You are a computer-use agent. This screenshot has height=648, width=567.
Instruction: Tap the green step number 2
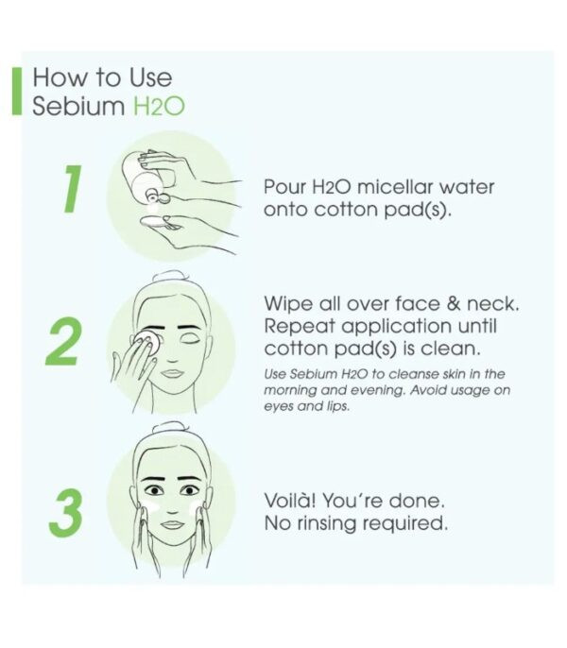63,341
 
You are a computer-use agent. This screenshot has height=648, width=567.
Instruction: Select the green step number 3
65,513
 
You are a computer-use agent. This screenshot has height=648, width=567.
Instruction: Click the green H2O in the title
159,107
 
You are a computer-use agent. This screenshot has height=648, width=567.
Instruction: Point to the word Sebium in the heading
78,106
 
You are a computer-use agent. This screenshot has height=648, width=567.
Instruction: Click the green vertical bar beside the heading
17,91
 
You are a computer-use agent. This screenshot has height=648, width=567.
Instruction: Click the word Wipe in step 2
288,304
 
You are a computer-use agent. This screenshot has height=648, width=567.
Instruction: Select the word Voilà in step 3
290,501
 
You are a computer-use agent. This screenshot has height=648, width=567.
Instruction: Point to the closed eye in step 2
189,339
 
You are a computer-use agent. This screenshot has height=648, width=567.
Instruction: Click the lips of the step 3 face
172,525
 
